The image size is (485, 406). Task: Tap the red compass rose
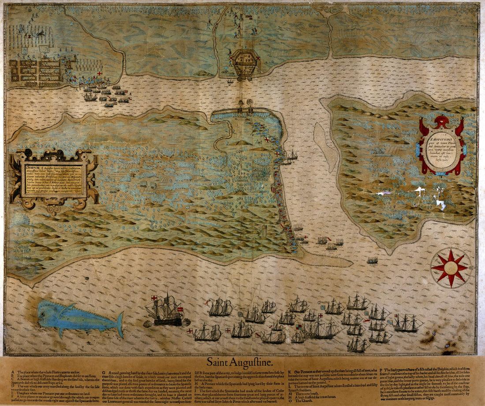(x=451, y=267)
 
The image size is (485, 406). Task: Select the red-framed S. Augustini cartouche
(x=441, y=145)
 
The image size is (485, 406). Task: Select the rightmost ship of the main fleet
(x=407, y=324)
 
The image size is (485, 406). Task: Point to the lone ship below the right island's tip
(x=373, y=261)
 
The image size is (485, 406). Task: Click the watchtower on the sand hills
(x=264, y=231)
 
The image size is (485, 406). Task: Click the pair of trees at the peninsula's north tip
(x=245, y=106)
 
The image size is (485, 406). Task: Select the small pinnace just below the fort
(x=230, y=81)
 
